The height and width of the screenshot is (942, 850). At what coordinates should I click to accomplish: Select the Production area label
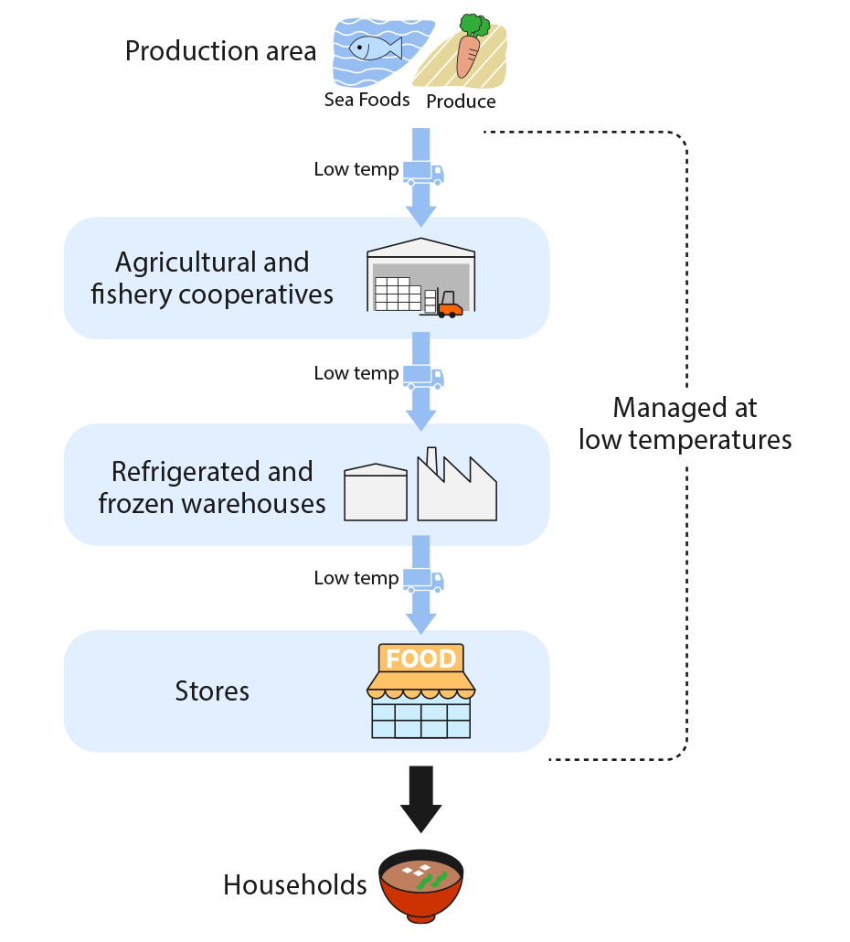tap(220, 51)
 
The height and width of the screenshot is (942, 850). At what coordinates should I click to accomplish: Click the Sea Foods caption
tap(367, 100)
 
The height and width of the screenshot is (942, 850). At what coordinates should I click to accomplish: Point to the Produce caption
tap(461, 102)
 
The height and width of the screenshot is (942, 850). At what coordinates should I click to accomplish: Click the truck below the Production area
tap(423, 172)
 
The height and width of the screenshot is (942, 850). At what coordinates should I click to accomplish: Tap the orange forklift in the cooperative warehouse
tap(449, 306)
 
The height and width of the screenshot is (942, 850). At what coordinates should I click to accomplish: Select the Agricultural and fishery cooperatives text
tap(212, 278)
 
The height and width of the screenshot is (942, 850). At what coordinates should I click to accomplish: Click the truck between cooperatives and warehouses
tap(423, 376)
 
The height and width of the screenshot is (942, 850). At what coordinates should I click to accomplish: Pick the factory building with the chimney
tap(456, 489)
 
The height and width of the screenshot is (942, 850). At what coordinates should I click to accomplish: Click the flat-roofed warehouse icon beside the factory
tap(375, 493)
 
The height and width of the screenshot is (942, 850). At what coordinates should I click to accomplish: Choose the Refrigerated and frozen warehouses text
tap(212, 487)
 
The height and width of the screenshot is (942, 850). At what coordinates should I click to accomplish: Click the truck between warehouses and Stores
tap(423, 581)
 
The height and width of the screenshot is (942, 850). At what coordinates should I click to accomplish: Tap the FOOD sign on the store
tap(420, 658)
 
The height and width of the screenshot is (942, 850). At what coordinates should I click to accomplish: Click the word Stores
tap(212, 690)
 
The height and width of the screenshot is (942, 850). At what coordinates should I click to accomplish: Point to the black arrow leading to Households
tap(420, 798)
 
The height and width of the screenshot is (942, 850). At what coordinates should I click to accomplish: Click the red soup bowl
tap(420, 886)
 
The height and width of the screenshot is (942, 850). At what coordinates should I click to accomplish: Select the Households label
tap(295, 885)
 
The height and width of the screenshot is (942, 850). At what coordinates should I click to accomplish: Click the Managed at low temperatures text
tap(685, 423)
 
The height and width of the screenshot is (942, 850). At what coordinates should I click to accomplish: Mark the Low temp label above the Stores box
tap(356, 578)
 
